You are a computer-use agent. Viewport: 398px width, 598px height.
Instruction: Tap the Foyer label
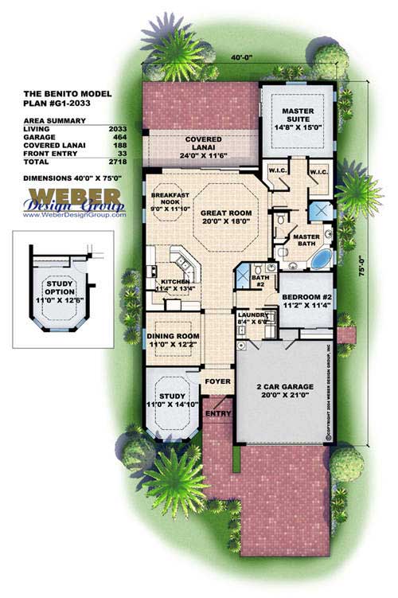pyautogui.click(x=217, y=381)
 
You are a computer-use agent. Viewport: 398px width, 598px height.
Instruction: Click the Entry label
pyautogui.click(x=217, y=413)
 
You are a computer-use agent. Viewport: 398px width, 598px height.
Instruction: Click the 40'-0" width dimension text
pyautogui.click(x=242, y=57)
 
